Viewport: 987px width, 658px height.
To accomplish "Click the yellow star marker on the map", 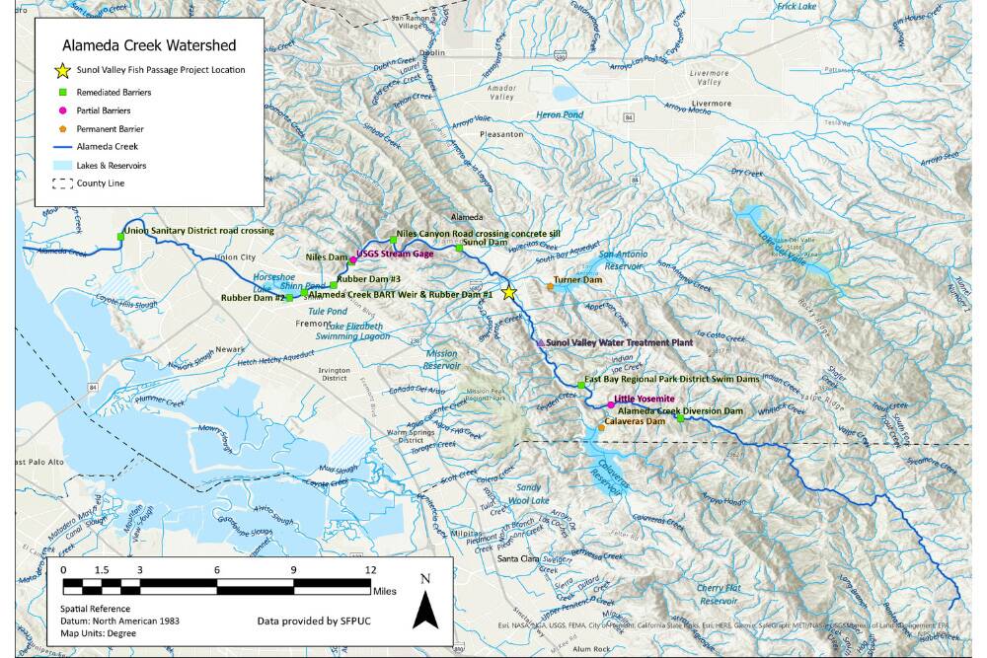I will [x=509, y=292].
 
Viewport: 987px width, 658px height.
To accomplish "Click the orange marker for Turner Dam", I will [x=550, y=287].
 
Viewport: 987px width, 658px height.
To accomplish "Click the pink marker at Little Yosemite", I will [x=610, y=404].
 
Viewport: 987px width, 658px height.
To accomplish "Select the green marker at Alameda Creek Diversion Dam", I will [x=680, y=419].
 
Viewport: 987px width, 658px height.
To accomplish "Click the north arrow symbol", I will [x=425, y=603].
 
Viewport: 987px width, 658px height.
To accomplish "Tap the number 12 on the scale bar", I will [x=370, y=570].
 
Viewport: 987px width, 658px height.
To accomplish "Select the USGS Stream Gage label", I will [x=395, y=255].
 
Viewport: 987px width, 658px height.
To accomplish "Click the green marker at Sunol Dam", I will [x=458, y=248].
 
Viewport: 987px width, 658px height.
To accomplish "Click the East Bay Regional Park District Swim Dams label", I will [x=664, y=380].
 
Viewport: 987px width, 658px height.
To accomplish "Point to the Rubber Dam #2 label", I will [x=253, y=298].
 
